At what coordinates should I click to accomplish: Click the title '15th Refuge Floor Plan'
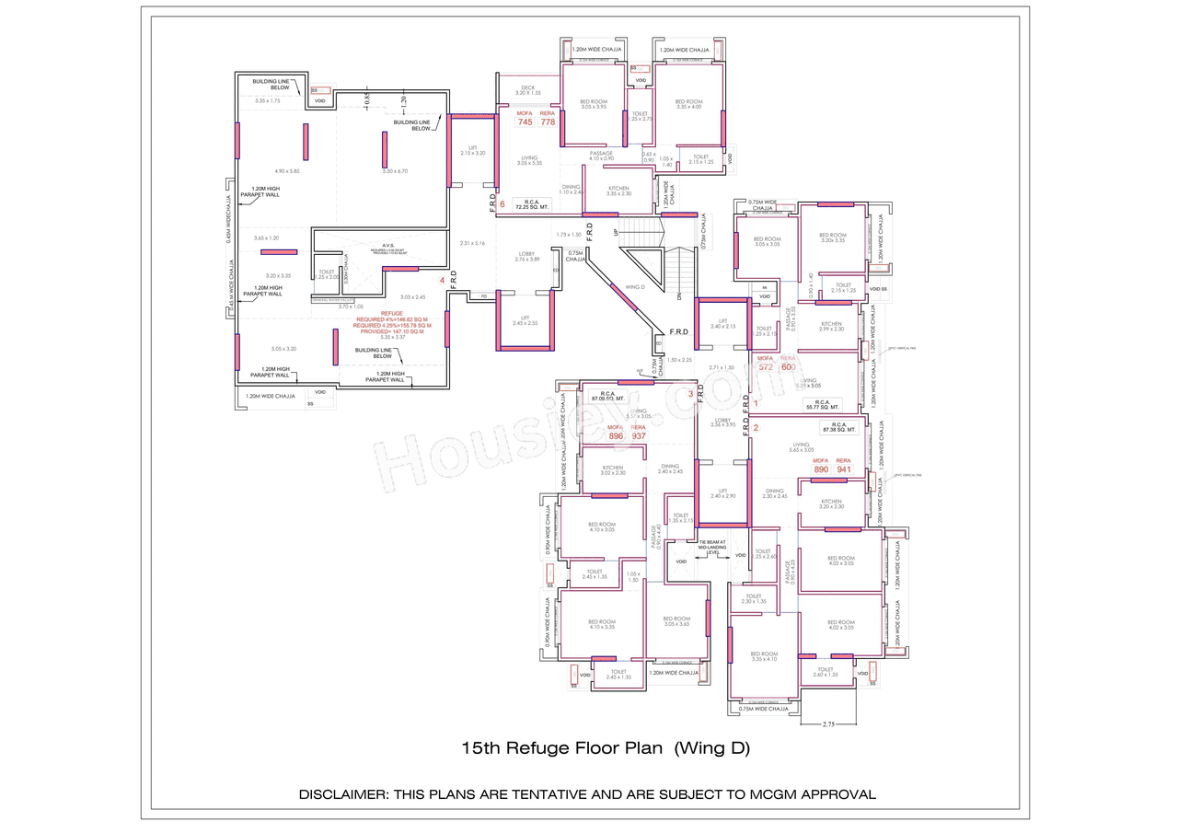(x=561, y=748)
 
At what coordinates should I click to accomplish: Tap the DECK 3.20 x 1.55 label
(x=527, y=90)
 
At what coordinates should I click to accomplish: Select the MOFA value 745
(x=525, y=122)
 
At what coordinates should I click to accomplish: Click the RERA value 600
(x=788, y=367)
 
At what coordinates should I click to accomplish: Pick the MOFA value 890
(x=821, y=469)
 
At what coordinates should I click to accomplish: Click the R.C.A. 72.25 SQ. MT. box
(x=531, y=204)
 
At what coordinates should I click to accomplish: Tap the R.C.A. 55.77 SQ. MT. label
(x=823, y=404)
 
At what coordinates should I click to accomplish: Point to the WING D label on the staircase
(x=634, y=286)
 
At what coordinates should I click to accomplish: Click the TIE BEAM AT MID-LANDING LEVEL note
(x=713, y=547)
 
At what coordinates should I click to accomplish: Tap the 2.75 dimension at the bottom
(x=828, y=725)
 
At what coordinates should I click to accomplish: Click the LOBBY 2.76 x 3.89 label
(x=526, y=256)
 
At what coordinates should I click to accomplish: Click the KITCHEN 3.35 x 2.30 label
(x=618, y=191)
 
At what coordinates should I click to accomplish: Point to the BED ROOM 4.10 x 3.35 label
(x=601, y=624)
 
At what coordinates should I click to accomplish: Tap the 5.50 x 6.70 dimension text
(x=394, y=171)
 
